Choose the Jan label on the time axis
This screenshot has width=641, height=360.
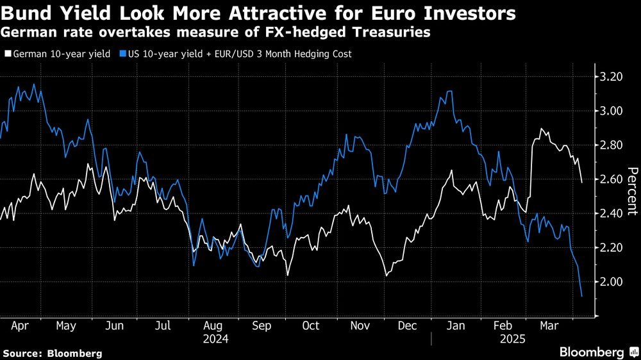(454, 325)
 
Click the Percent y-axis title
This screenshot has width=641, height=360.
(631, 190)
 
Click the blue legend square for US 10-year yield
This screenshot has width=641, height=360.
(121, 54)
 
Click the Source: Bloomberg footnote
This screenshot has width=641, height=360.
(53, 353)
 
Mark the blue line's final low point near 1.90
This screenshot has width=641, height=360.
(581, 296)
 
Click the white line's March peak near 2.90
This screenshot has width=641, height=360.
(542, 129)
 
